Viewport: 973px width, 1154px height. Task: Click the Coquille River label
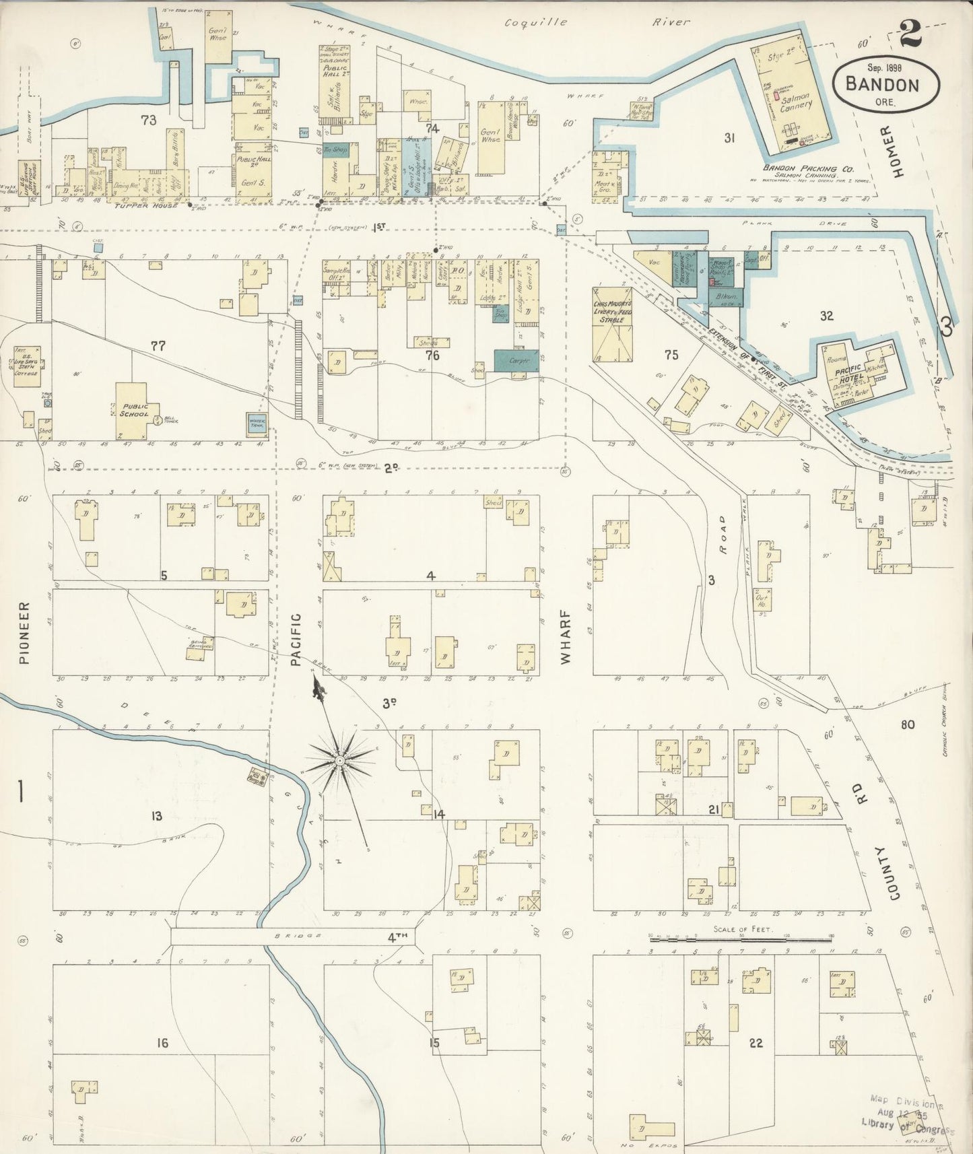coord(597,22)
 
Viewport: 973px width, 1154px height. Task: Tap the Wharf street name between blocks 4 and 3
coord(565,637)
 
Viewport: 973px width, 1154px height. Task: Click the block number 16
coord(162,1043)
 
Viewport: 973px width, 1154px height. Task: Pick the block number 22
coord(756,1043)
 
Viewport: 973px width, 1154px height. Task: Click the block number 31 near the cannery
coord(729,138)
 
